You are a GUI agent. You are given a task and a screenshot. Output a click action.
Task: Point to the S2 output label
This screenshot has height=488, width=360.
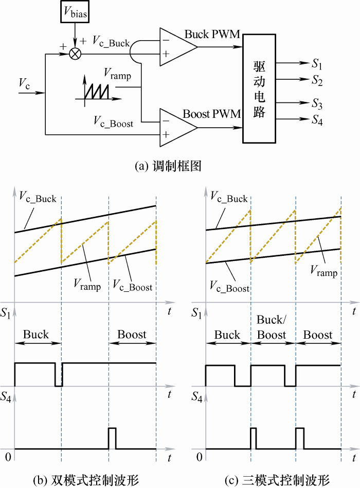pyautogui.click(x=317, y=80)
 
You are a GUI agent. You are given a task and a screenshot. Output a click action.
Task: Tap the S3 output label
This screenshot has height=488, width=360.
pyautogui.click(x=317, y=105)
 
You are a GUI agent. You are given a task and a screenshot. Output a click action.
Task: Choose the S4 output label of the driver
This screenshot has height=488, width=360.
pyautogui.click(x=317, y=120)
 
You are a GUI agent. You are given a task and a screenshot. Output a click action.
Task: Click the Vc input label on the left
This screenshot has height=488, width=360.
pyautogui.click(x=24, y=83)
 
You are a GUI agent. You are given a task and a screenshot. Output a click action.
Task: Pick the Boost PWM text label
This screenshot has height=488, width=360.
pyautogui.click(x=212, y=114)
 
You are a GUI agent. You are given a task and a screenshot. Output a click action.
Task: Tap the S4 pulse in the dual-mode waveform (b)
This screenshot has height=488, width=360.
pyautogui.click(x=112, y=438)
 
